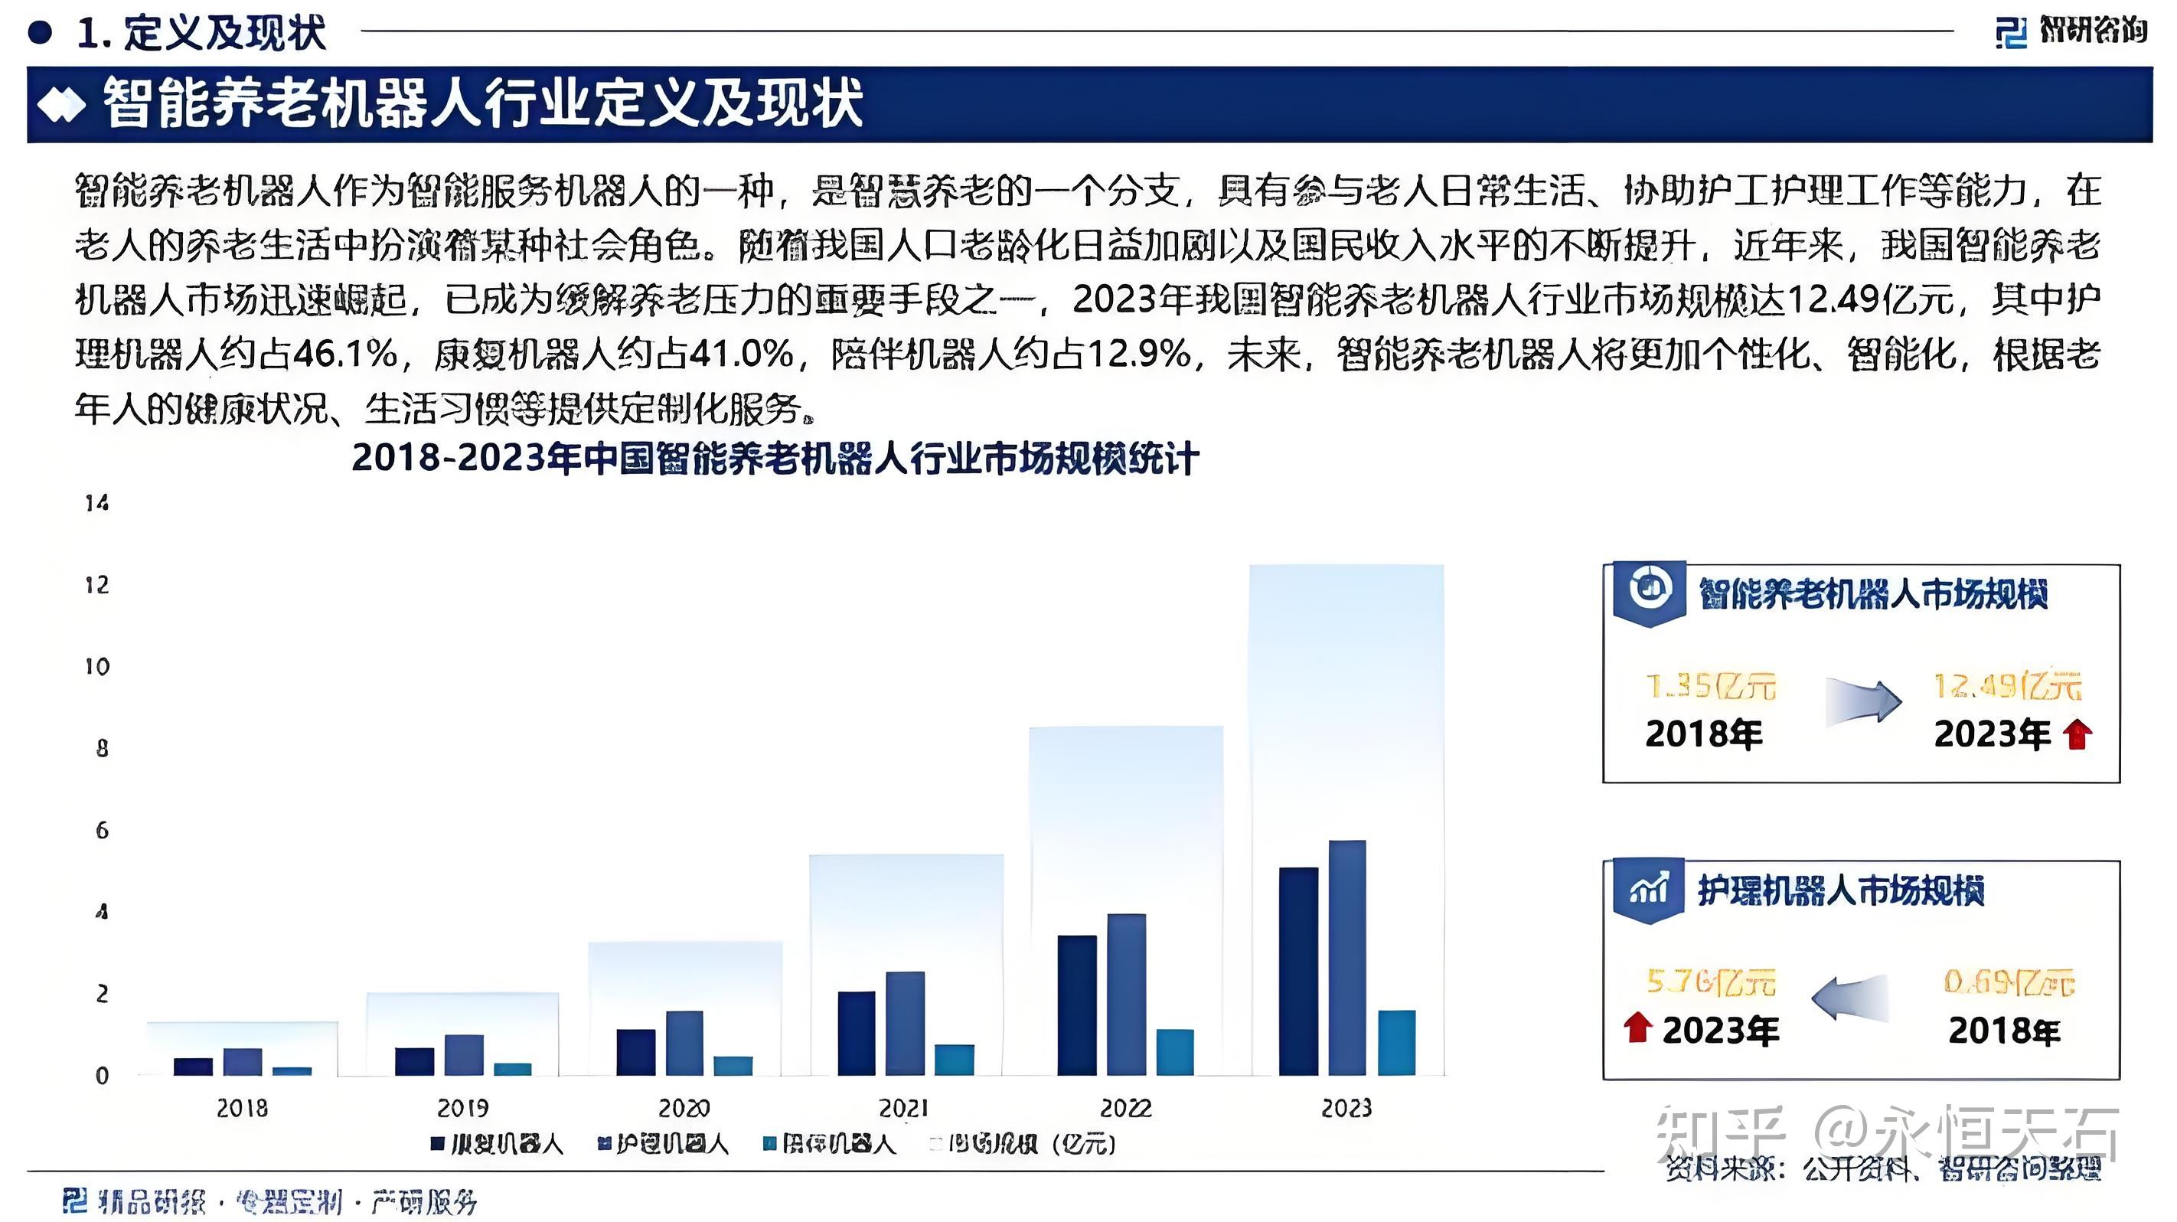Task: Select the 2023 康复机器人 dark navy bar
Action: pos(1298,971)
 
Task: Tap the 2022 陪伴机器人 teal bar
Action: pos(1175,1052)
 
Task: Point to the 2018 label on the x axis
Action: pos(242,1108)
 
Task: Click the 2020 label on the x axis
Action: pos(684,1108)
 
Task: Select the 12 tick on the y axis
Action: pos(97,585)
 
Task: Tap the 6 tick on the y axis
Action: pos(101,830)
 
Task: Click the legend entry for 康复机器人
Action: pos(497,1144)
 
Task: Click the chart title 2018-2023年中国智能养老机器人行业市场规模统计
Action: pos(775,459)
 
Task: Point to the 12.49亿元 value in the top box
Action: pos(2007,686)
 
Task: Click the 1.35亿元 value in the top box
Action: pos(1711,686)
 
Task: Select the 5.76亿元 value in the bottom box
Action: pos(1711,982)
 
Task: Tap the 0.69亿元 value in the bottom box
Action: pos(2008,982)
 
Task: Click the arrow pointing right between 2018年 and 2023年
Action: pos(1862,702)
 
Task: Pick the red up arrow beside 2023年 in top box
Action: pos(2077,734)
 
